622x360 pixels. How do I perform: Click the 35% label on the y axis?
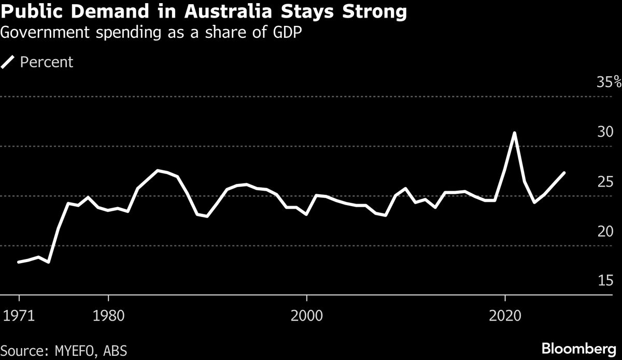(609, 82)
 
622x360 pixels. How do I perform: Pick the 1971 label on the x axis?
(19, 315)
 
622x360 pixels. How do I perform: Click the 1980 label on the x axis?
(108, 315)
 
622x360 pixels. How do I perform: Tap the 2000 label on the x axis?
(307, 315)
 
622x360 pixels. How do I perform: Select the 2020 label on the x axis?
(505, 315)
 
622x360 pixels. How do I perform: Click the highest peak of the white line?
(514, 133)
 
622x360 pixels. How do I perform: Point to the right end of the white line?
(564, 172)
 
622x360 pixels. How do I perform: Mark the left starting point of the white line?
(19, 262)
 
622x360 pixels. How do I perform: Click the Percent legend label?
(47, 63)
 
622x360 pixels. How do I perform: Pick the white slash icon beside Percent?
(8, 63)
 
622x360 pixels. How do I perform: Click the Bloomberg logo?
(579, 348)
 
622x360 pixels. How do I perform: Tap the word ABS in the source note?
(115, 350)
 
